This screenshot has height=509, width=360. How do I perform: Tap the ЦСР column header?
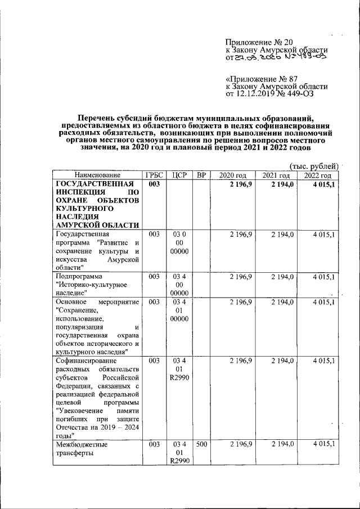178,175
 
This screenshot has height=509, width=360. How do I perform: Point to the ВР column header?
200,175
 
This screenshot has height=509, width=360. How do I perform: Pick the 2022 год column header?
318,175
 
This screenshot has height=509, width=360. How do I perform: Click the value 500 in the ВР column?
200,444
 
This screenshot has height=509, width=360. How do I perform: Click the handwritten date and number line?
276,57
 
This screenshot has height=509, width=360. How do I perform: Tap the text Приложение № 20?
259,42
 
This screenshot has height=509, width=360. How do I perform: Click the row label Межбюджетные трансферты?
82,449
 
